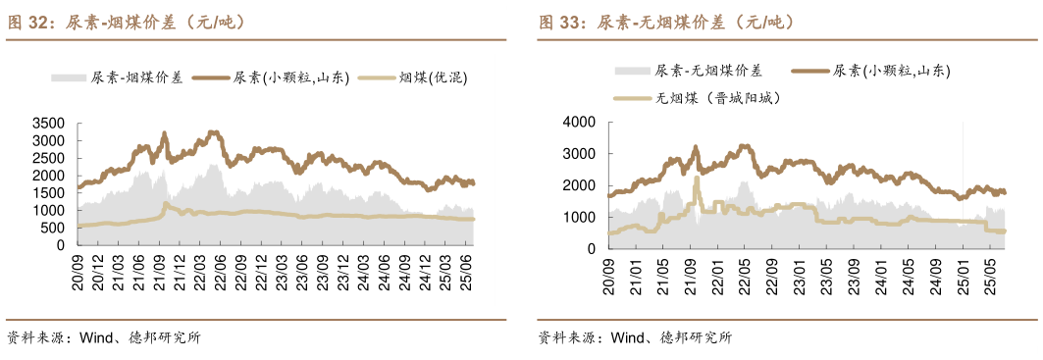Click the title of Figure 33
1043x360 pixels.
(666, 22)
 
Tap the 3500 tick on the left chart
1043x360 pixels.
(48, 124)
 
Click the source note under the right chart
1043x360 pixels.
(635, 338)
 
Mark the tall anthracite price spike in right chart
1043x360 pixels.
(696, 180)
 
